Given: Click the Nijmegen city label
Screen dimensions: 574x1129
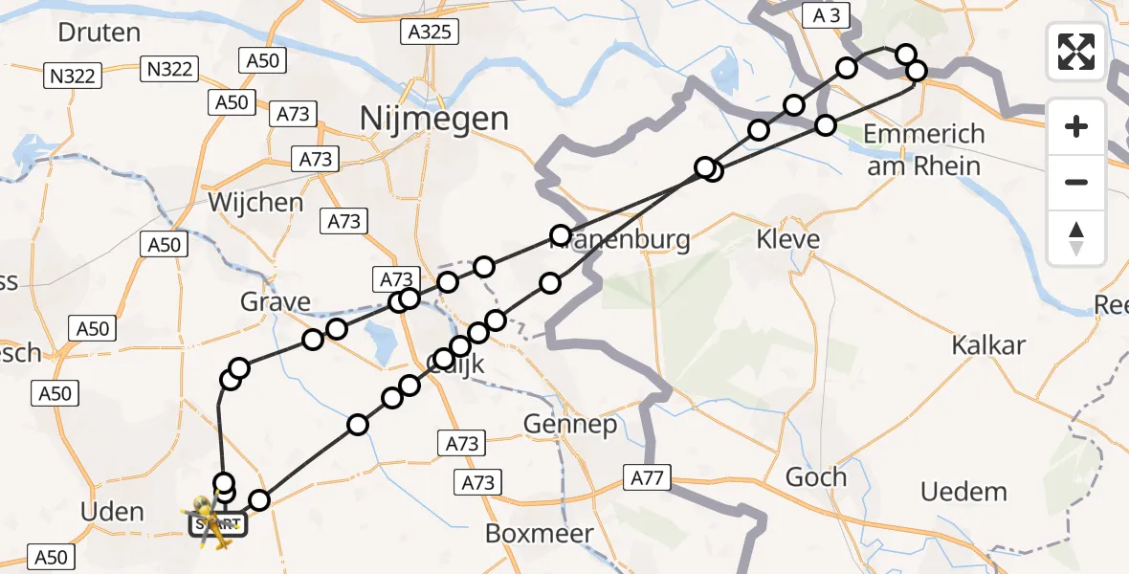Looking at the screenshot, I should coord(434,119).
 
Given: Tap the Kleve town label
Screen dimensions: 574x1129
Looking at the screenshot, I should coord(788,238).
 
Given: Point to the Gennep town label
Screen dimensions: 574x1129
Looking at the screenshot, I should coord(571,424).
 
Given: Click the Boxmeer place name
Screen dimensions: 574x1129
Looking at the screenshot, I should coord(540,533).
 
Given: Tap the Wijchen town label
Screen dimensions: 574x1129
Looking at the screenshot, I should coord(255,203).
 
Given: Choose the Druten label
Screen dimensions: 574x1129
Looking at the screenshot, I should coord(100,32).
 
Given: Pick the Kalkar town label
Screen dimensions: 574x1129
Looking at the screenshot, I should coord(989,345).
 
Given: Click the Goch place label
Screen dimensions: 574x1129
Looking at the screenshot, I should coord(815,476).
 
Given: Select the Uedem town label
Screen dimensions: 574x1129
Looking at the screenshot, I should coord(963,493).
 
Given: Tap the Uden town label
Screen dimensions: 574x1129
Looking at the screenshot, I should coord(113,512).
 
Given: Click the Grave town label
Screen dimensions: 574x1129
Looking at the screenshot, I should coord(276,303).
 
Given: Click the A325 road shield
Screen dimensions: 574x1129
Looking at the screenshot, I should coord(428,32).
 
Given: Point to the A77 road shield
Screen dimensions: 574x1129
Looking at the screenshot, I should coord(650,476).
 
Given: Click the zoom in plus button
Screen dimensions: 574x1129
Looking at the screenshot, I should coord(1076,126).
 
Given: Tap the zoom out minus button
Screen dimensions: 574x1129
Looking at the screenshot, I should coord(1076,182).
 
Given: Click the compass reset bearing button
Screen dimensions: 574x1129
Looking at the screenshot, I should coord(1076,238).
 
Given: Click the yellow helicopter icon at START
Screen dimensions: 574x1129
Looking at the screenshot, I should coord(212,521).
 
